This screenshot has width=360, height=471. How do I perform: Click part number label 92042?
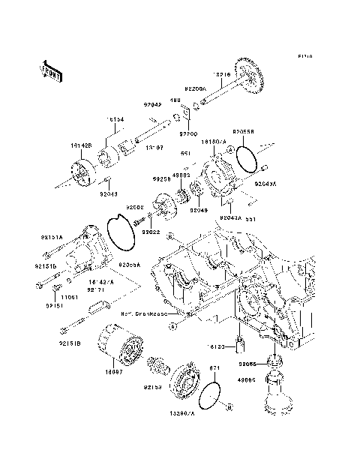point(154,105)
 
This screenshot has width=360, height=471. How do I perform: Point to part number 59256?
point(163,180)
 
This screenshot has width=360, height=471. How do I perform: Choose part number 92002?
point(135,206)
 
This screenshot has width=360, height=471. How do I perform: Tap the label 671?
point(213,367)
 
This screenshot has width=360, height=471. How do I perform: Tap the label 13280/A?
point(182,413)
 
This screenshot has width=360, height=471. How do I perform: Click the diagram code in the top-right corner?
point(303,56)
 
